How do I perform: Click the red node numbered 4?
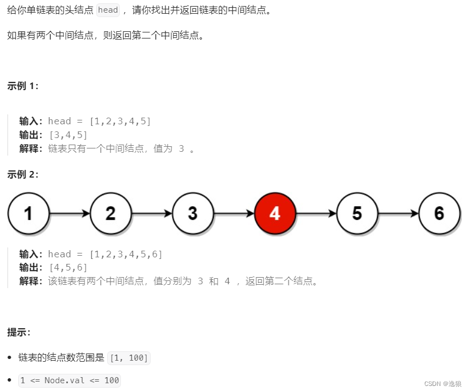click(x=275, y=213)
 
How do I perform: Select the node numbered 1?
click(x=29, y=213)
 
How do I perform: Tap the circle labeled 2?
click(x=111, y=213)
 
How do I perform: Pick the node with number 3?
click(x=193, y=213)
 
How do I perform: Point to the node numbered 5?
click(x=357, y=213)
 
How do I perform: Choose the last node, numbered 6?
click(x=439, y=213)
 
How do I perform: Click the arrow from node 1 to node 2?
click(x=70, y=213)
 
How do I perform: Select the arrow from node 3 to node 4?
click(x=234, y=213)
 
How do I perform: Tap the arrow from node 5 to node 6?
click(x=399, y=213)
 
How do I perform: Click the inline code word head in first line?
click(x=108, y=10)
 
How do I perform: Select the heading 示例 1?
click(x=23, y=86)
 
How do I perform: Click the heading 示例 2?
click(x=23, y=174)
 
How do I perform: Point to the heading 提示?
click(x=19, y=332)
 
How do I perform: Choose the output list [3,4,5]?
click(x=68, y=135)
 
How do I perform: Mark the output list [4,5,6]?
click(x=68, y=268)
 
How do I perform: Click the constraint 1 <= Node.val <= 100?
click(x=69, y=380)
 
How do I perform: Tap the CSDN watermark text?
click(x=443, y=383)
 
